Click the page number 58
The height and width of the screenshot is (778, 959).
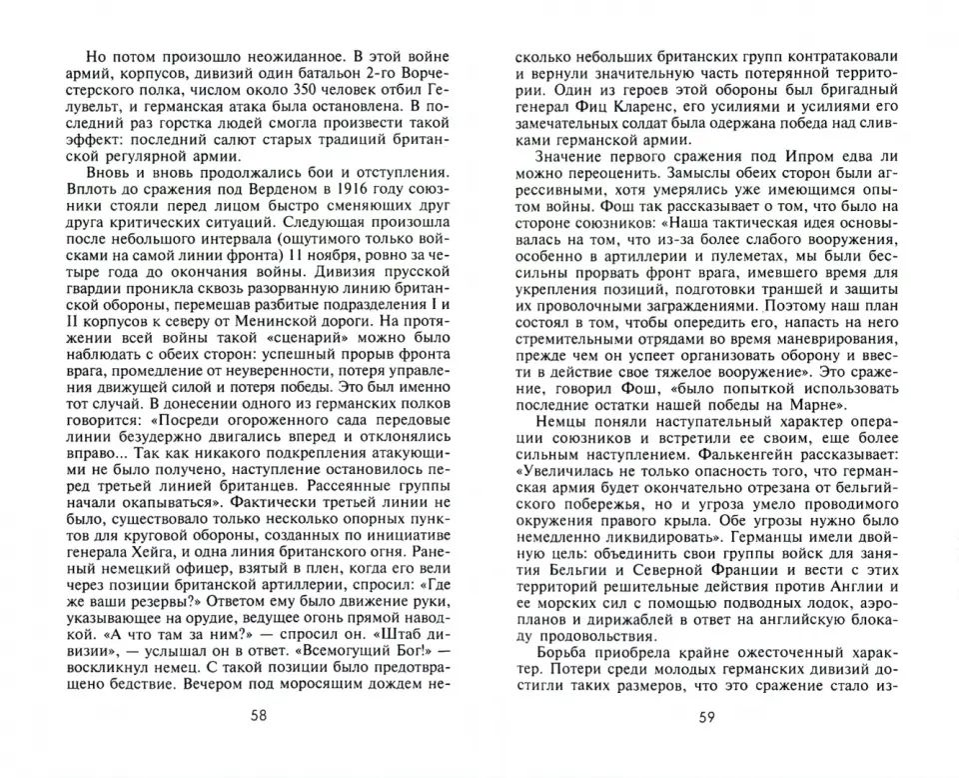[259, 715]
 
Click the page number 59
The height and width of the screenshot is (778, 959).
[706, 715]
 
